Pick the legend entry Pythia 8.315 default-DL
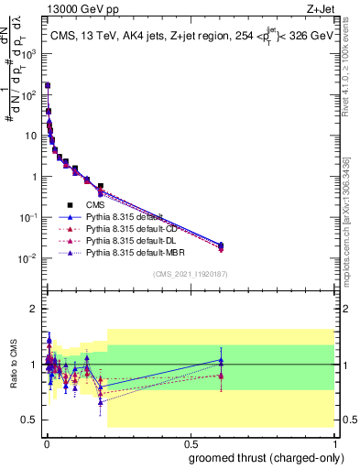(x=129, y=239)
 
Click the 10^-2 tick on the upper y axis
(x=28, y=258)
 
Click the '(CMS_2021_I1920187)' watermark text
(x=190, y=274)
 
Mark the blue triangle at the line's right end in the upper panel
(x=220, y=245)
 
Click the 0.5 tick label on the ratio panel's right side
(x=348, y=420)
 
